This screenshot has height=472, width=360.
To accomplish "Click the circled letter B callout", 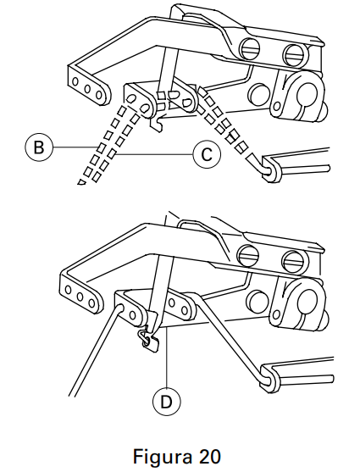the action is [38, 147].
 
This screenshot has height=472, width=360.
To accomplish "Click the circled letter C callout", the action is [207, 155].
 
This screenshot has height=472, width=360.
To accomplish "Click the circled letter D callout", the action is [167, 402].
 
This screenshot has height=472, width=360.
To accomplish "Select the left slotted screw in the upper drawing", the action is [251, 48].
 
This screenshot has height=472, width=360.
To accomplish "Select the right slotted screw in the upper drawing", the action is [296, 55].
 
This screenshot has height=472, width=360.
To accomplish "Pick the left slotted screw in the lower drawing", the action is [248, 256].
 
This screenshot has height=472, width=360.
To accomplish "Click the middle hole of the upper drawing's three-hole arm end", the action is [88, 89].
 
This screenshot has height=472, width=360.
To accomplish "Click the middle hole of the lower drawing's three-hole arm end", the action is [80, 297].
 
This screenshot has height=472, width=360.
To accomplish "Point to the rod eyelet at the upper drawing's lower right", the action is [271, 170].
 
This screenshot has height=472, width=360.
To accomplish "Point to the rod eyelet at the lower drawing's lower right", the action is [270, 380].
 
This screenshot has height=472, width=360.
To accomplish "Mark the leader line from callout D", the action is [167, 358].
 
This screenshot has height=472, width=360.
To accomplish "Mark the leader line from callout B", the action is [75, 147].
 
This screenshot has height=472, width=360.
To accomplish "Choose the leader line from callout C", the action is [153, 155].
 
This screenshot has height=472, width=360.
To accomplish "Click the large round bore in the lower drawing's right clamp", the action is [306, 302].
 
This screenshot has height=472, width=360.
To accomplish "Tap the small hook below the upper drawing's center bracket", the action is [157, 122].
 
